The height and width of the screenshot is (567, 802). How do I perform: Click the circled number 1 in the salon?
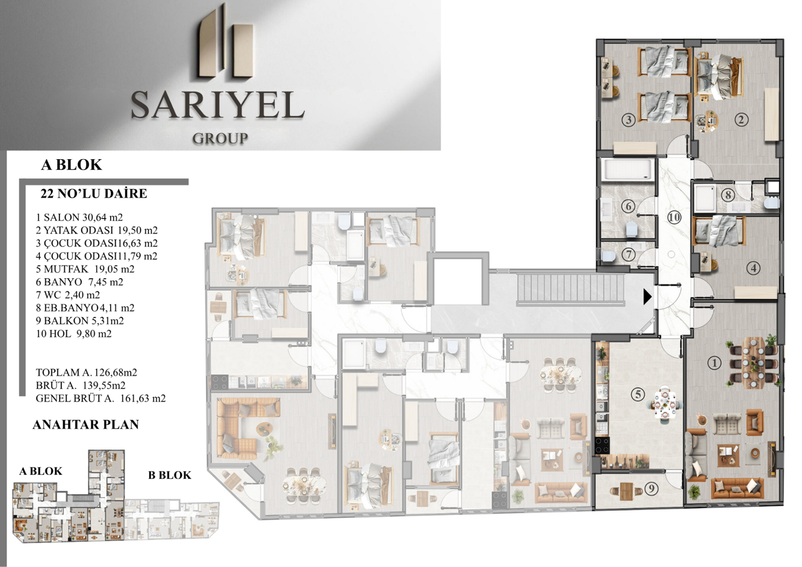(x=714, y=363)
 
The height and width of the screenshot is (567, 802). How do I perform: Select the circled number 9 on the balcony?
(x=651, y=489)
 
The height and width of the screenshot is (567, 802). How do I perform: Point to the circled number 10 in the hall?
(x=674, y=217)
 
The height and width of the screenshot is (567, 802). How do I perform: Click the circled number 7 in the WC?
(x=628, y=255)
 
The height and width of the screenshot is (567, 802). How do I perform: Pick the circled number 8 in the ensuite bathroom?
(x=727, y=195)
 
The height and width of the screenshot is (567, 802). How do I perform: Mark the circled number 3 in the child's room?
(x=628, y=120)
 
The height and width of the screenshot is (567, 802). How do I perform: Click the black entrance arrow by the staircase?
(x=647, y=297)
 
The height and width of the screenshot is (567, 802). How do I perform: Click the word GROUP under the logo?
(x=220, y=138)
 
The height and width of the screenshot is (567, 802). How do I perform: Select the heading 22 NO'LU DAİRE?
(x=94, y=194)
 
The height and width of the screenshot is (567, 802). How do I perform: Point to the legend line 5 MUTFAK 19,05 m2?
(x=85, y=269)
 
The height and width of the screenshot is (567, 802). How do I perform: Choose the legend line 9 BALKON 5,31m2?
(x=80, y=321)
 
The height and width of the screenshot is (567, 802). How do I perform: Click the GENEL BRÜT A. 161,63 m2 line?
(x=101, y=398)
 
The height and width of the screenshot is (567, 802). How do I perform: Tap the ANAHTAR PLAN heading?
(x=86, y=424)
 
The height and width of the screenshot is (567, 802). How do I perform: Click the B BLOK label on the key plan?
(x=170, y=475)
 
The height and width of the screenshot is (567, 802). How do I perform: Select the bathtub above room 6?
(x=628, y=170)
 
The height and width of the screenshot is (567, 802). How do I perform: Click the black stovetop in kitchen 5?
(x=602, y=445)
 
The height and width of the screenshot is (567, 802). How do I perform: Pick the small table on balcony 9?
(x=627, y=491)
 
